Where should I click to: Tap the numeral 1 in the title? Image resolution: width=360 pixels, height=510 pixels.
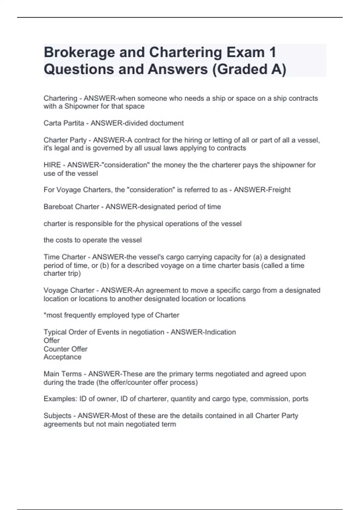(272, 52)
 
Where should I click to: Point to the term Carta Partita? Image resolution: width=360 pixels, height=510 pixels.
(64, 123)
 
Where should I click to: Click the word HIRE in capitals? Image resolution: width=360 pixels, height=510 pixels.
(52, 165)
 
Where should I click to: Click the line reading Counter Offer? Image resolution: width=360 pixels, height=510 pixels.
(65, 349)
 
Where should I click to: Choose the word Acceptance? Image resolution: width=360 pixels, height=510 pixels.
(62, 357)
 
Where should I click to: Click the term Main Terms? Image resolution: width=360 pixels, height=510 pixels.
(62, 374)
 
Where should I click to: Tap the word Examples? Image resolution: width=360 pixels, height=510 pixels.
(60, 399)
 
